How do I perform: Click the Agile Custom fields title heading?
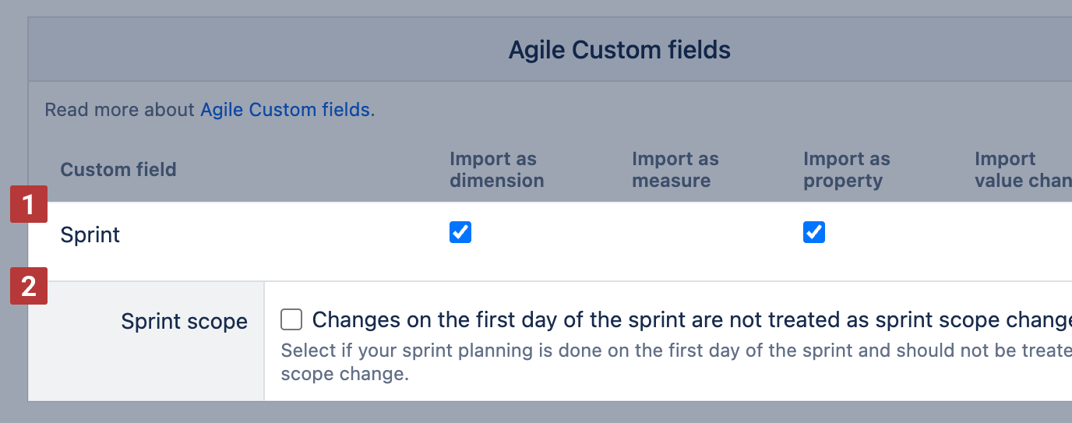click(619, 50)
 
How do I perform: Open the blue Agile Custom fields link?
click(285, 110)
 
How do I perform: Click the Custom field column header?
click(118, 169)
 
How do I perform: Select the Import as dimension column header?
click(497, 169)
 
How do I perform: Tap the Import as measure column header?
click(675, 169)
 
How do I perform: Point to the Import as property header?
click(847, 171)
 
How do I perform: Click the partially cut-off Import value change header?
click(1023, 169)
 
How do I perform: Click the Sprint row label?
click(90, 235)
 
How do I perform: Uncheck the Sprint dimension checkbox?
click(460, 232)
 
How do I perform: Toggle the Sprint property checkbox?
click(814, 232)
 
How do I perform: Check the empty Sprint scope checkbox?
click(291, 319)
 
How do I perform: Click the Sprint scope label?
click(184, 321)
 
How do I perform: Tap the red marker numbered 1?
click(29, 204)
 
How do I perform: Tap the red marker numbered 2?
click(29, 286)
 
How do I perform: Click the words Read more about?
click(120, 110)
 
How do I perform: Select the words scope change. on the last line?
click(345, 374)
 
